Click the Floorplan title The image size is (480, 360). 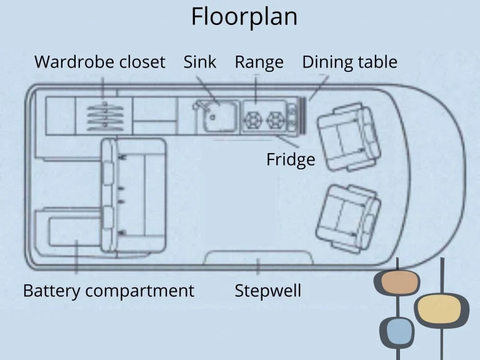point(244,17)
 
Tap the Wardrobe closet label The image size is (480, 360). point(100,62)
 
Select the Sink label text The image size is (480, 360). point(200,62)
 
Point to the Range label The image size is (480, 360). point(259,62)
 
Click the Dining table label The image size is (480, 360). point(349,62)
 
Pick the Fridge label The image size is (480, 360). point(291,160)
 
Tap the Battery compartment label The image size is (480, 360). point(109,291)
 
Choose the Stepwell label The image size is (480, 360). point(267,291)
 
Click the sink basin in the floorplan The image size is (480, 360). point(216,116)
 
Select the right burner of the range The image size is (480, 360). point(274,118)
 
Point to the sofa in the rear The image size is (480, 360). point(134,194)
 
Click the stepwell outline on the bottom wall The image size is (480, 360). point(259,256)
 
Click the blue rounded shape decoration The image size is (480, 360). point(397,332)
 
